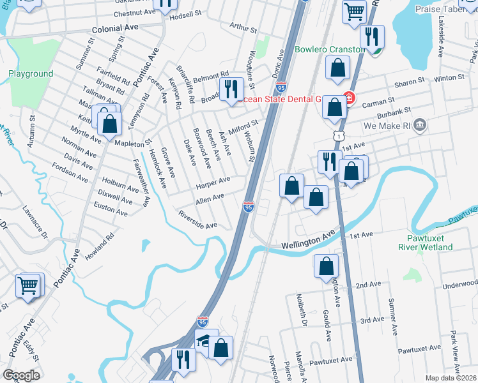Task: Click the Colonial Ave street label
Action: pos(115,29)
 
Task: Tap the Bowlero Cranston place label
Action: pos(330,49)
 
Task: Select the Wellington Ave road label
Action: pos(308,241)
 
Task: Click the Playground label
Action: pos(31,74)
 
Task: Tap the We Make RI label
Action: pos(386,126)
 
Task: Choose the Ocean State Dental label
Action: pos(279,99)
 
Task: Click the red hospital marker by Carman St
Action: pos(348,98)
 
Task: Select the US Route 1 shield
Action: pos(337,136)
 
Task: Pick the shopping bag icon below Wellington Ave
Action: pos(326,266)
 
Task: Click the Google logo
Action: pos(21,375)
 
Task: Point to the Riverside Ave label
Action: pos(198,221)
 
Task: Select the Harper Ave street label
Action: pos(213,183)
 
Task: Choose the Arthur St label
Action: pos(243,29)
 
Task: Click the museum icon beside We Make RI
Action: pos(420,124)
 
